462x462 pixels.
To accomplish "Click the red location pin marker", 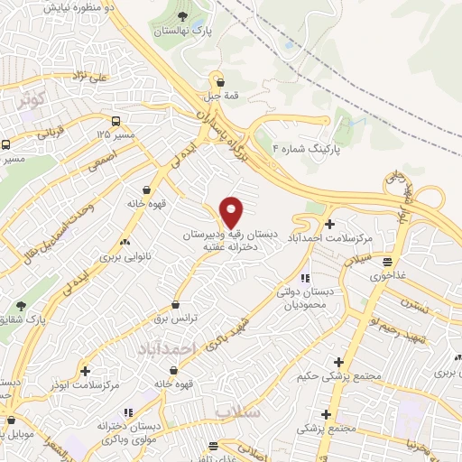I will (232, 212).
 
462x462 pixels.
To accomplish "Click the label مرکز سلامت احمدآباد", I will (330, 237).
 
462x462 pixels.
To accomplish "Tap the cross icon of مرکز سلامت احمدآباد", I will (329, 223).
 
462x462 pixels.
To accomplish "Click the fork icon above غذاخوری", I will (389, 262).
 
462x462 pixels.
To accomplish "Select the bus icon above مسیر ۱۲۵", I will (115, 120).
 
